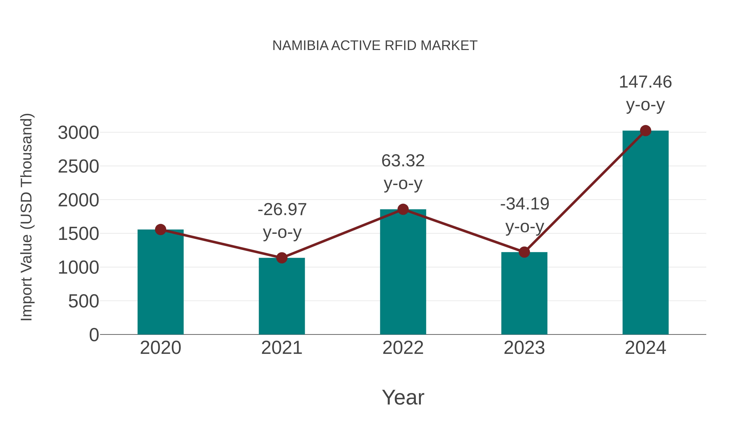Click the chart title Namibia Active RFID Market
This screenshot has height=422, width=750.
coord(375,46)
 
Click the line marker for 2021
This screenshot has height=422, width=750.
coord(281,258)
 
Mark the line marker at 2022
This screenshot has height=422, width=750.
coord(403,209)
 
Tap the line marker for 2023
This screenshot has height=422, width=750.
coord(524,252)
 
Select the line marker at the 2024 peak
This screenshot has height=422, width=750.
coord(645,131)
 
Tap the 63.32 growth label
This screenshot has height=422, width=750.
coord(403,172)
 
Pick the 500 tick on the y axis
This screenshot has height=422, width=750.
coord(83,301)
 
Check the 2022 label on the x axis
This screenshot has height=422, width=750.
coord(403,348)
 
